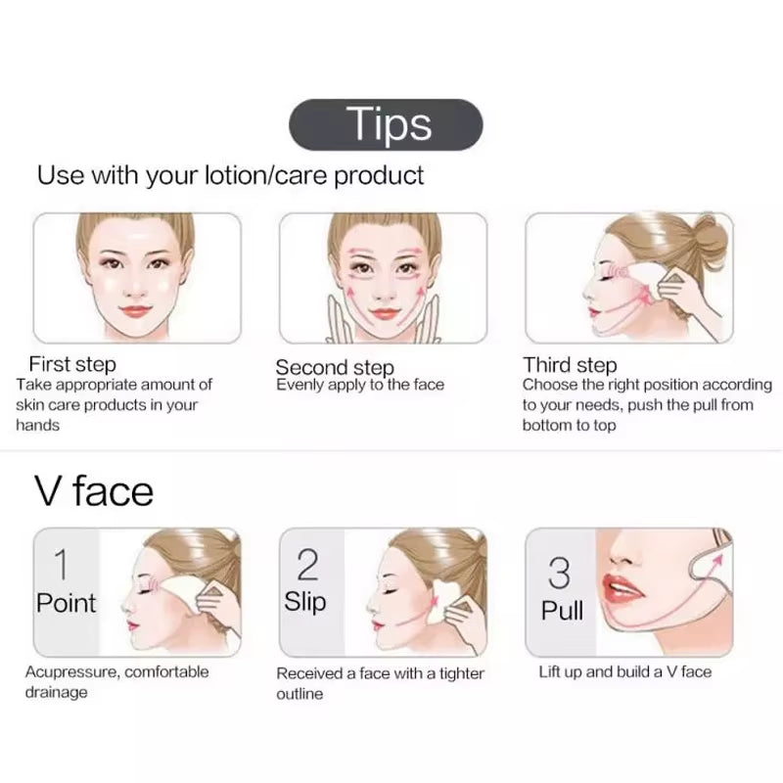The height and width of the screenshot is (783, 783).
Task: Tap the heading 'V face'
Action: pyautogui.click(x=94, y=489)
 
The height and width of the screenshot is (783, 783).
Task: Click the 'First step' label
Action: pyautogui.click(x=72, y=365)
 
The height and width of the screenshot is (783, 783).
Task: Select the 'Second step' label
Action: pyautogui.click(x=334, y=367)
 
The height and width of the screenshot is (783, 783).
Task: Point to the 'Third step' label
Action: pyautogui.click(x=570, y=365)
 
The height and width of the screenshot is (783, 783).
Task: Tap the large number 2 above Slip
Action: pyautogui.click(x=307, y=565)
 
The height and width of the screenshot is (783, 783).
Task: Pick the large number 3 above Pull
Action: pyautogui.click(x=559, y=573)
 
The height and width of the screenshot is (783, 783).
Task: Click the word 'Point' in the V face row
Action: pyautogui.click(x=66, y=602)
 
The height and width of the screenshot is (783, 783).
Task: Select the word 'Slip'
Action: pyautogui.click(x=306, y=601)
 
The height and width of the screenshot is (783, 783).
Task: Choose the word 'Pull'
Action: pyautogui.click(x=562, y=611)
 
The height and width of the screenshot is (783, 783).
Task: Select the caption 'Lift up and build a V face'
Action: pyautogui.click(x=625, y=671)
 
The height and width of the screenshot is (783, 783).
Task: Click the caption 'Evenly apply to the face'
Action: pyautogui.click(x=360, y=385)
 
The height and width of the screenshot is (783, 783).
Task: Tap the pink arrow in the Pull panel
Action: pyautogui.click(x=722, y=560)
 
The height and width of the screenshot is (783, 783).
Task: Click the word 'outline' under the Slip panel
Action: pyautogui.click(x=299, y=694)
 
